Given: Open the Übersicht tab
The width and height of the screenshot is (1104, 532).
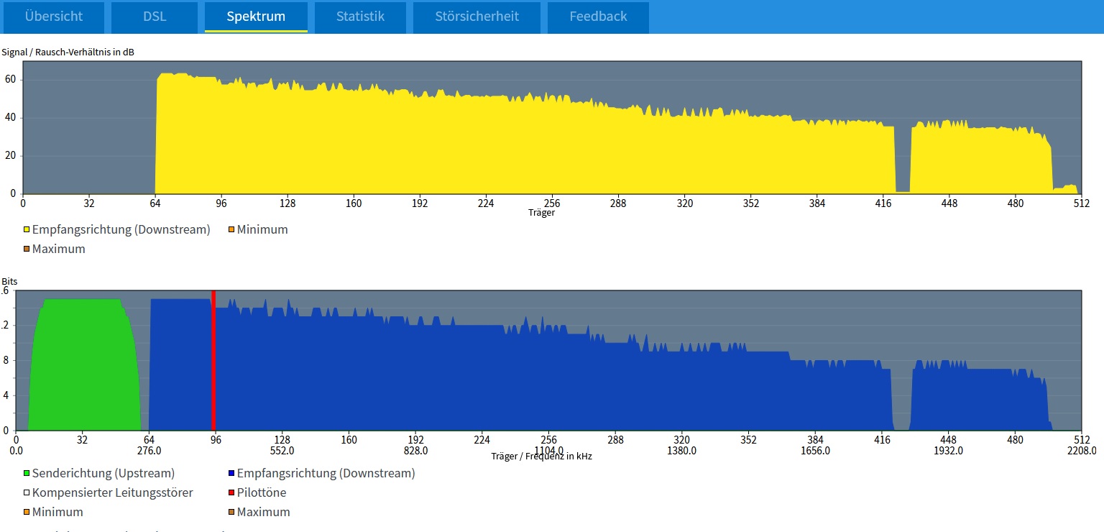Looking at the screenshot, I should (54, 17).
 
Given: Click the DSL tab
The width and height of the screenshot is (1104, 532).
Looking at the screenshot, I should (155, 17).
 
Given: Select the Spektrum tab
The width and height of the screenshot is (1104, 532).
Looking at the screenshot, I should (256, 17).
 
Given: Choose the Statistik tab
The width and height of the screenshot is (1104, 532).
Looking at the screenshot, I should (360, 17).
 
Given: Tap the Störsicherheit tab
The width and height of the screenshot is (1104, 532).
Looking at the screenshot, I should (477, 17).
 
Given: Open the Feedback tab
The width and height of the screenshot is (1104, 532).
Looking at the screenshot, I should (598, 17).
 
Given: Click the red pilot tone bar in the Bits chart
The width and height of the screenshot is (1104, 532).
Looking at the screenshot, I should (213, 359).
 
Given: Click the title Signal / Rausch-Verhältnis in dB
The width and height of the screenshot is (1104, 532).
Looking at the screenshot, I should (68, 52).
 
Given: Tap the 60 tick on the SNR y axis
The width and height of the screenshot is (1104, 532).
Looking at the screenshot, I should (9, 80).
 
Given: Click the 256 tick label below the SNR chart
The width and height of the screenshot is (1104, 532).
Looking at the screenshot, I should (552, 203).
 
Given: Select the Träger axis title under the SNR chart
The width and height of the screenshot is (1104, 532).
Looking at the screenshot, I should (541, 213).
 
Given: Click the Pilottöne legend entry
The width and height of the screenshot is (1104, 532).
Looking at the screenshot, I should (261, 493).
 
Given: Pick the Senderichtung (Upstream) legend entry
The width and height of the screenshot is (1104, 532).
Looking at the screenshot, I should (103, 474).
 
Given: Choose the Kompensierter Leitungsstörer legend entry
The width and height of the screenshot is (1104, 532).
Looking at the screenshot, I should (112, 493).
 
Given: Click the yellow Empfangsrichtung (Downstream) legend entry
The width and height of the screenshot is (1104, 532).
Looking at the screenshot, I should (121, 230).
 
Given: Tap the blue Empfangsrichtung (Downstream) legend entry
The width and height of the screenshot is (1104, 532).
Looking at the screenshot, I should (326, 474).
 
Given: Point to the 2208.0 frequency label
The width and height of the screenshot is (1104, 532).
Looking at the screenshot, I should (1082, 451).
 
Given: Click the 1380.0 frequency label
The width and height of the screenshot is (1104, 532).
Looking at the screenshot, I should (681, 451).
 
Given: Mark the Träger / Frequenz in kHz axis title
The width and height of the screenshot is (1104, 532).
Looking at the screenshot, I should (541, 457).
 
